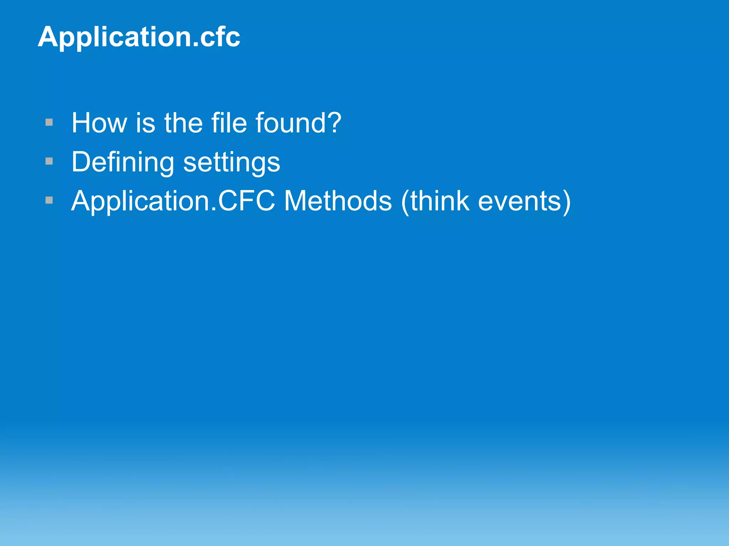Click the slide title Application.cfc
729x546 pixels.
click(139, 37)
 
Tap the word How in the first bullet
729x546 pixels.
click(99, 123)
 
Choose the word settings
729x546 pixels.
click(232, 162)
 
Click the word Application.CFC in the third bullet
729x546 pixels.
click(173, 201)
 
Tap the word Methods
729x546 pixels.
click(338, 201)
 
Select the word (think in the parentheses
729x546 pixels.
click(435, 201)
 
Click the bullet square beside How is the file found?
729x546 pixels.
click(49, 123)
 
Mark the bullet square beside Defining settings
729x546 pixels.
click(49, 161)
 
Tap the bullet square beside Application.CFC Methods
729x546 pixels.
click(49, 200)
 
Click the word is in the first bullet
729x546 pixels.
click(146, 123)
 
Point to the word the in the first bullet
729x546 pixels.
click(183, 123)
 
